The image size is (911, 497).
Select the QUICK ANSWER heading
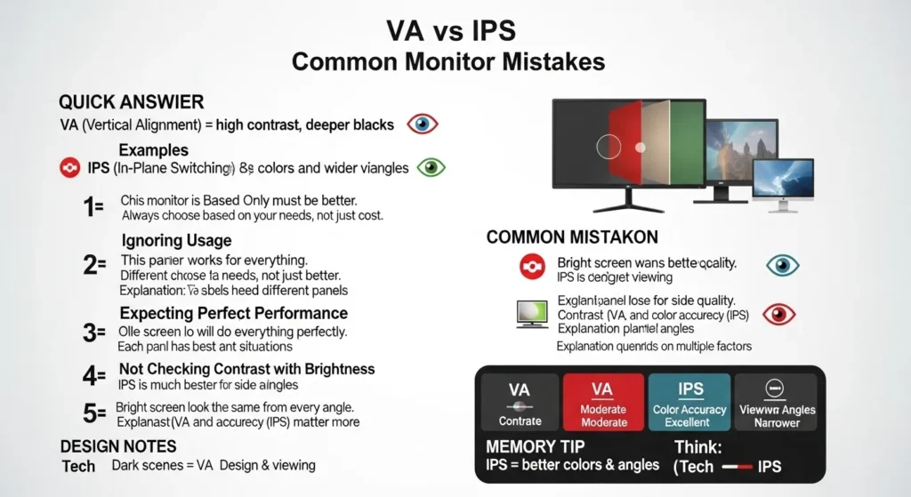[131, 101]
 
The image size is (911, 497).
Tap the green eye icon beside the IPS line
[432, 167]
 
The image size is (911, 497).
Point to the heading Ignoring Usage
[175, 240]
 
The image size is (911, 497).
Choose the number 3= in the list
[93, 333]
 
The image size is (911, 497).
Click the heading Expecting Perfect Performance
[233, 313]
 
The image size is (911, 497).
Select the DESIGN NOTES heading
[118, 445]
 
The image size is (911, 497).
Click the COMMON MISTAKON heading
[572, 237]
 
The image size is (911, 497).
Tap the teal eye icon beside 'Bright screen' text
[783, 265]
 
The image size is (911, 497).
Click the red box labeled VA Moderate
[603, 402]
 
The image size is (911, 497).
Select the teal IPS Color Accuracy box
[689, 402]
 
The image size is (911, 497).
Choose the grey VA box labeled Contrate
[520, 402]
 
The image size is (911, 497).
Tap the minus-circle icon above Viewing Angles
[775, 389]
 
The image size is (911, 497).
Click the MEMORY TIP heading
[538, 445]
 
